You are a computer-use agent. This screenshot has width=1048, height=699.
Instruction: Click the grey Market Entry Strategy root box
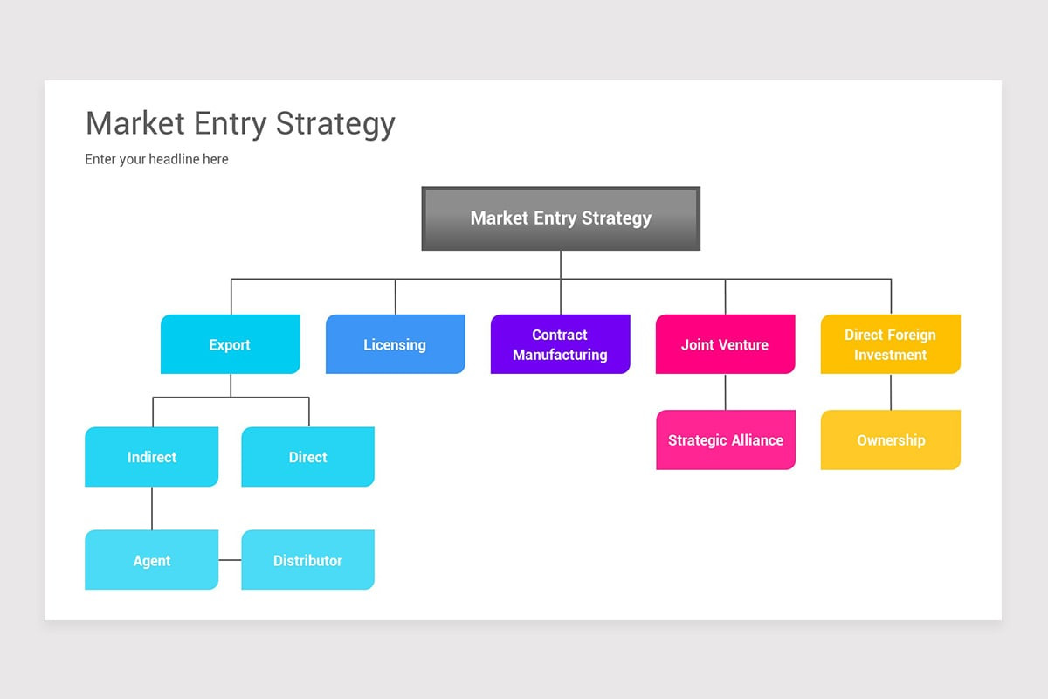(x=561, y=218)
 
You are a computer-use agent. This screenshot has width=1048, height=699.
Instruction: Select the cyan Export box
(x=231, y=344)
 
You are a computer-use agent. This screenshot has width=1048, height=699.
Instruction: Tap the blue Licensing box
(x=395, y=344)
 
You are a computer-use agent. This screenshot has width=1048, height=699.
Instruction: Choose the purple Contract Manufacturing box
(x=560, y=344)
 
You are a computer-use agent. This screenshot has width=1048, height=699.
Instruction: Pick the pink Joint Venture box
(x=725, y=344)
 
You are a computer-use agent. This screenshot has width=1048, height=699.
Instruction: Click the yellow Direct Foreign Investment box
(x=890, y=344)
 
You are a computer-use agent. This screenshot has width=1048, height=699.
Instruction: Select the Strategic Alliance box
(x=725, y=439)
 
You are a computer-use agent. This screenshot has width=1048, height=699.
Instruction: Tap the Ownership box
(x=890, y=439)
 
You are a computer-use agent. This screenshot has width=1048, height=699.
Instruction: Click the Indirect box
(x=151, y=457)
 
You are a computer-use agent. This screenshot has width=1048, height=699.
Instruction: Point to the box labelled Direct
(x=307, y=457)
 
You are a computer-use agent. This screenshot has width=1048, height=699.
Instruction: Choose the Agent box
(x=151, y=560)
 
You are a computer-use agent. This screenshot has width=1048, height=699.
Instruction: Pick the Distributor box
(x=307, y=560)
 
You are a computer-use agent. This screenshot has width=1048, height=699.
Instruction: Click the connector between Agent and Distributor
(x=230, y=560)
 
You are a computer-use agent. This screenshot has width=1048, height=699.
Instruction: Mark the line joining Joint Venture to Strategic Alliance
(x=725, y=391)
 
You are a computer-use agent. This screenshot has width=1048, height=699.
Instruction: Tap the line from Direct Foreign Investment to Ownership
(x=891, y=391)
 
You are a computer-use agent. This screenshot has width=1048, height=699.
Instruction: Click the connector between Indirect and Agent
(x=152, y=508)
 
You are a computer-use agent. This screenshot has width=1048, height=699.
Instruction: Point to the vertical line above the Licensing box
(x=396, y=296)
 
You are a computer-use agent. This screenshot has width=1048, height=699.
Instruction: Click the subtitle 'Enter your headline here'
(x=156, y=159)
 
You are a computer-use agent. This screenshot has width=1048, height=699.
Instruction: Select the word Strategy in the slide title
(x=335, y=124)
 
